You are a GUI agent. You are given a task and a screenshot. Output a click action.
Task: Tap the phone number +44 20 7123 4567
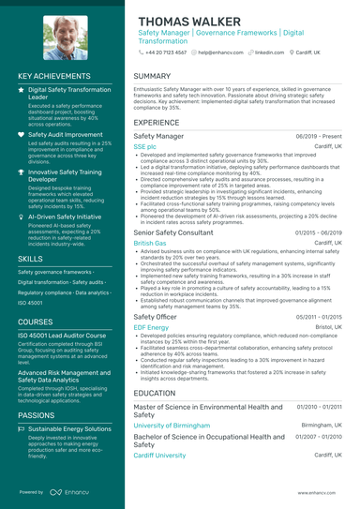tap(166, 53)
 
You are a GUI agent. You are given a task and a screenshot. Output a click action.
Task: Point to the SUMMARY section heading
tap(152, 76)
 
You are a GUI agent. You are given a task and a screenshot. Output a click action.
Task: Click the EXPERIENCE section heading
tap(157, 123)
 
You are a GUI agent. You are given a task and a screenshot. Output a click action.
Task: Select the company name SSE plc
tap(144, 147)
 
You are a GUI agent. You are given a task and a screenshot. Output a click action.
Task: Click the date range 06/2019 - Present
tap(320, 137)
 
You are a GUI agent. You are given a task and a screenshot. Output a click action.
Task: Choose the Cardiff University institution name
tap(159, 455)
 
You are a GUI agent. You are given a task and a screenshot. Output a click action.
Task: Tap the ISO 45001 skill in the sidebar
tap(34, 303)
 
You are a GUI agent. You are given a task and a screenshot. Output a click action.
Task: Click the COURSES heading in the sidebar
tap(36, 321)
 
